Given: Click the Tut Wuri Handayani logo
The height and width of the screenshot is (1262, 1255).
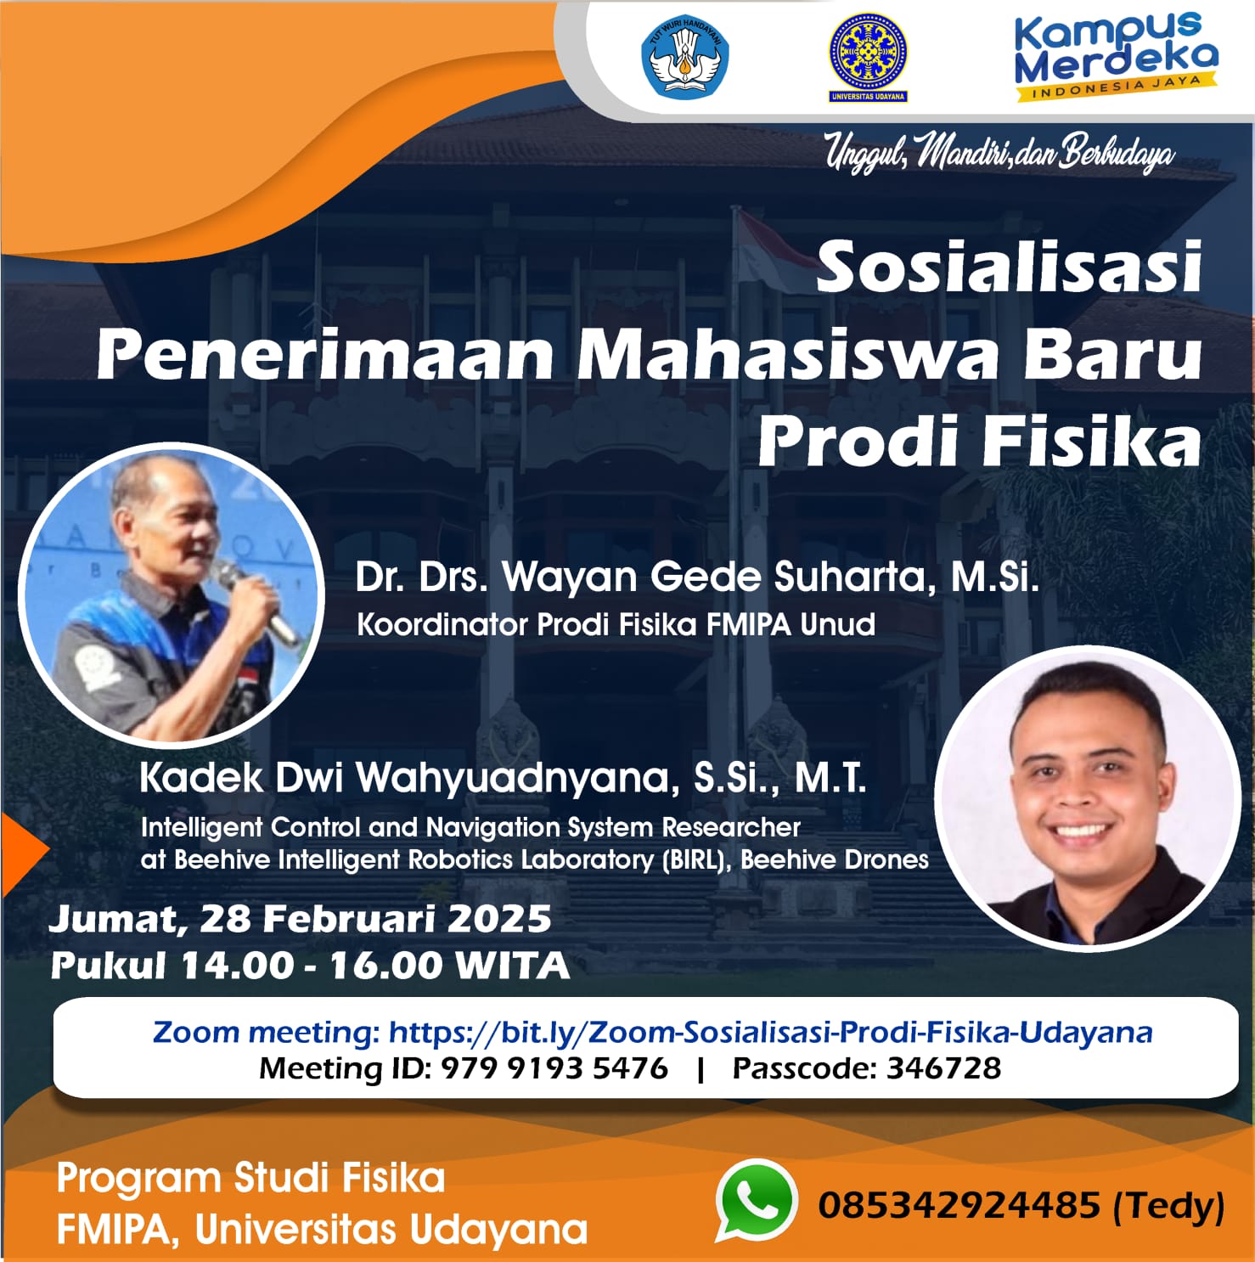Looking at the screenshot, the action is (x=684, y=55).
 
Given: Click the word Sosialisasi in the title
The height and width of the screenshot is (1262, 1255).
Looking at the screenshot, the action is (x=1009, y=266).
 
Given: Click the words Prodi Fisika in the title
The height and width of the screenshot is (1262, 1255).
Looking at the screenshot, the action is (x=979, y=441).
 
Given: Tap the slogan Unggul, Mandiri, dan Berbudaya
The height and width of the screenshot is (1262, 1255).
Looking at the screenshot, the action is (x=1000, y=153).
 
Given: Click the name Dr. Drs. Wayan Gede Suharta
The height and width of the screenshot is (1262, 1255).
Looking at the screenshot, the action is (x=646, y=577).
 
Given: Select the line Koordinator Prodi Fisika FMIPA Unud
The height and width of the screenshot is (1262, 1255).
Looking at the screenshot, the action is (x=616, y=625).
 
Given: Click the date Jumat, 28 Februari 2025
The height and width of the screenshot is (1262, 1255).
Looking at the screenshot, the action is (x=301, y=919).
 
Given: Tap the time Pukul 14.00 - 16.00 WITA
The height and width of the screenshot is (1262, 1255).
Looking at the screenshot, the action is (x=310, y=966).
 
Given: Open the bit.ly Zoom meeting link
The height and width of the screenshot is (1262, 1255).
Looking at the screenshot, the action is (x=771, y=1033).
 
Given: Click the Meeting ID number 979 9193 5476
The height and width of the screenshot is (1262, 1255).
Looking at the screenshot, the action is (x=554, y=1068).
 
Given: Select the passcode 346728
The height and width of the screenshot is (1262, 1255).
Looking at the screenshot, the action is (x=944, y=1068).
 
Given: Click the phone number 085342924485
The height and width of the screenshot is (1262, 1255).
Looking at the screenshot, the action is (x=960, y=1204).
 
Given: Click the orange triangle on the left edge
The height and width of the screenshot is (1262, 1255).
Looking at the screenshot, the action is (x=23, y=854).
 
